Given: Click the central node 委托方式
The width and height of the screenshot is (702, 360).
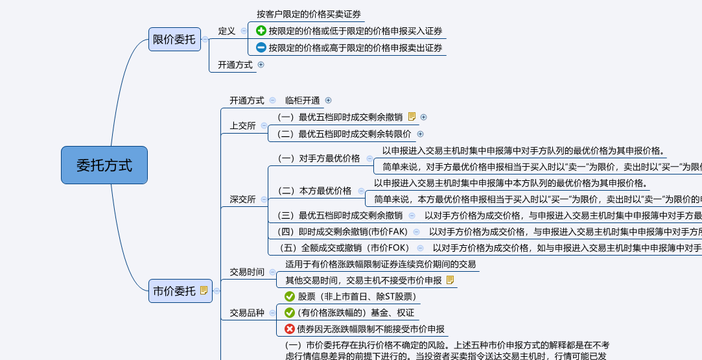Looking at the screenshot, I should coord(104,165).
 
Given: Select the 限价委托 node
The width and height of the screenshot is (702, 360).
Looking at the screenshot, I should coord(174,40).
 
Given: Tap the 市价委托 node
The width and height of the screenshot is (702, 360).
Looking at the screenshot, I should coord(174,291).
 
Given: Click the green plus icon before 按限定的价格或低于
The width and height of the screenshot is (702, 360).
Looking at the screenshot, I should coord(261,30).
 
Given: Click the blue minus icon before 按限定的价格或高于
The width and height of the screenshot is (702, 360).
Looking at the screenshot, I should coord(261,47).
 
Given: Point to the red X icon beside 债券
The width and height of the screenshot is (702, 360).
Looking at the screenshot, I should coord(290,329).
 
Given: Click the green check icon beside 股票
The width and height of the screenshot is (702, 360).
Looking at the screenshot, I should coord(290,296).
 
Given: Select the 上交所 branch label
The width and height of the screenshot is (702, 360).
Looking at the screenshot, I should coord(243,126).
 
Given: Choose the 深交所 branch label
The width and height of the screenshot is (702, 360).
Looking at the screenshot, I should coord(243,199).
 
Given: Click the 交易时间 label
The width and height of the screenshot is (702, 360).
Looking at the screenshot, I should coord(247,272).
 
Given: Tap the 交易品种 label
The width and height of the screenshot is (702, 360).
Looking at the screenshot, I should coord(247,313).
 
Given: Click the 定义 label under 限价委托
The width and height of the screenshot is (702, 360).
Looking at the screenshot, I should coord(227,30).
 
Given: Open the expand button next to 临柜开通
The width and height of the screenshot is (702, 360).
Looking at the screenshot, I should coord(328,101).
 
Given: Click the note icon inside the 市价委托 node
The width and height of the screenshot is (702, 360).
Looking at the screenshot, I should coord(204,291).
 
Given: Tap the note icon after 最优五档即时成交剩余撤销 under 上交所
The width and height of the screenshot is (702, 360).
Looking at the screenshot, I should coord(412,117).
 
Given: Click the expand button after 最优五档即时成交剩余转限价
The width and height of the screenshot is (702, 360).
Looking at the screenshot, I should coord(420,134).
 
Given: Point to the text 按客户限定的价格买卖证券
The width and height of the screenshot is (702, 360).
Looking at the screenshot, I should coord(309,14).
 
